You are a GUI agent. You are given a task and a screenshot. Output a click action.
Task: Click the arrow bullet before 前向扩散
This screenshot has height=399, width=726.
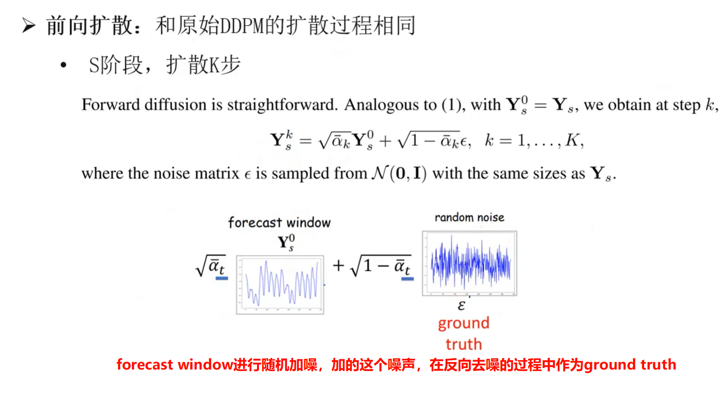click(29, 26)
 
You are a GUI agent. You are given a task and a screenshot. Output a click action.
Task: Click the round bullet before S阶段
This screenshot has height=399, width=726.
click(64, 65)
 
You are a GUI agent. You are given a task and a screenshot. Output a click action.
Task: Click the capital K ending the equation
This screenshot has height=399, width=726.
click(572, 140)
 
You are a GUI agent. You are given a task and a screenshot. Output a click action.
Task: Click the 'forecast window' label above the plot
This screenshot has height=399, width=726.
click(280, 223)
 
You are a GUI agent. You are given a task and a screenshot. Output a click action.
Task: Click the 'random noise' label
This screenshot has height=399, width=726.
click(469, 218)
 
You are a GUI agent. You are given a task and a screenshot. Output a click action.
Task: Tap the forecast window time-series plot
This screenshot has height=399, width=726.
click(280, 285)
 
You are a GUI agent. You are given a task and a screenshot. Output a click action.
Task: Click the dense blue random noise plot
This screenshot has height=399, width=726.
click(469, 263)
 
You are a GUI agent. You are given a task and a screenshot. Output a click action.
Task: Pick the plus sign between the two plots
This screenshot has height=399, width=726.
click(338, 265)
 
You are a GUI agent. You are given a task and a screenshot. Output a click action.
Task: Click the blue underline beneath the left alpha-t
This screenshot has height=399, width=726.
click(222, 278)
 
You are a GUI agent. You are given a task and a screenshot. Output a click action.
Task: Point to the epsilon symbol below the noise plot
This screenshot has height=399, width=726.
click(461, 305)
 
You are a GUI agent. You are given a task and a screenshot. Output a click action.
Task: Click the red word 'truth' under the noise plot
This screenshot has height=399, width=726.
click(464, 344)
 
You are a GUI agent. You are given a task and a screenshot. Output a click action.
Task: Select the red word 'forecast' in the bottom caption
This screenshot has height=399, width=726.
click(144, 364)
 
